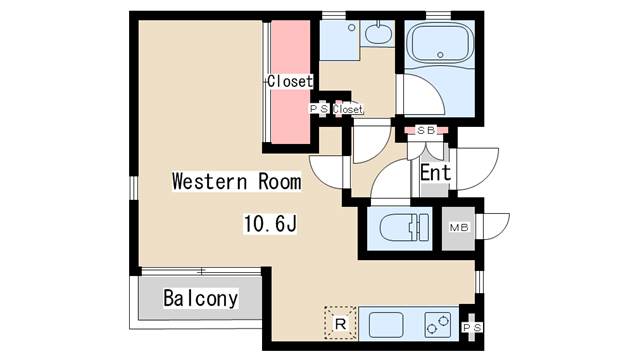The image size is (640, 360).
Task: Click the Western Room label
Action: coord(237,182)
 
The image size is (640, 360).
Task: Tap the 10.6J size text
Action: coord(270,224)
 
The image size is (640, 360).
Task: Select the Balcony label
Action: coord(200,298)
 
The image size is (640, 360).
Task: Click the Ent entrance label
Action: coord(436,173)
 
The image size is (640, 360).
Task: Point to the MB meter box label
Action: coord(459,227)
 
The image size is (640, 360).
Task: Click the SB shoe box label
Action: coord(426,131)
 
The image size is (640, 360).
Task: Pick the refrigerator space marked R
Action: coord(340,323)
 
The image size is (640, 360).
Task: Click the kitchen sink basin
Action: coord(386,325)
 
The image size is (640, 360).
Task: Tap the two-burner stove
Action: coord(438,325)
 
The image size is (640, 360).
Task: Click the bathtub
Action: coord(440,44)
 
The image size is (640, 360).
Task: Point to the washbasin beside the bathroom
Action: coord(378,33)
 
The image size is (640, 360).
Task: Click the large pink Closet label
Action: coord(290,81)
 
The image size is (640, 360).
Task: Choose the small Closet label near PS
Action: coord(347,109)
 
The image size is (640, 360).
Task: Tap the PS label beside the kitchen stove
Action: coord(472,327)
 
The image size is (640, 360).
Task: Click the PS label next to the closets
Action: coord(319,109)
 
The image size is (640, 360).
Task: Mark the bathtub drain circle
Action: coord(440,55)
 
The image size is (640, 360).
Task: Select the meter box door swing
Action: coord(496,226)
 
